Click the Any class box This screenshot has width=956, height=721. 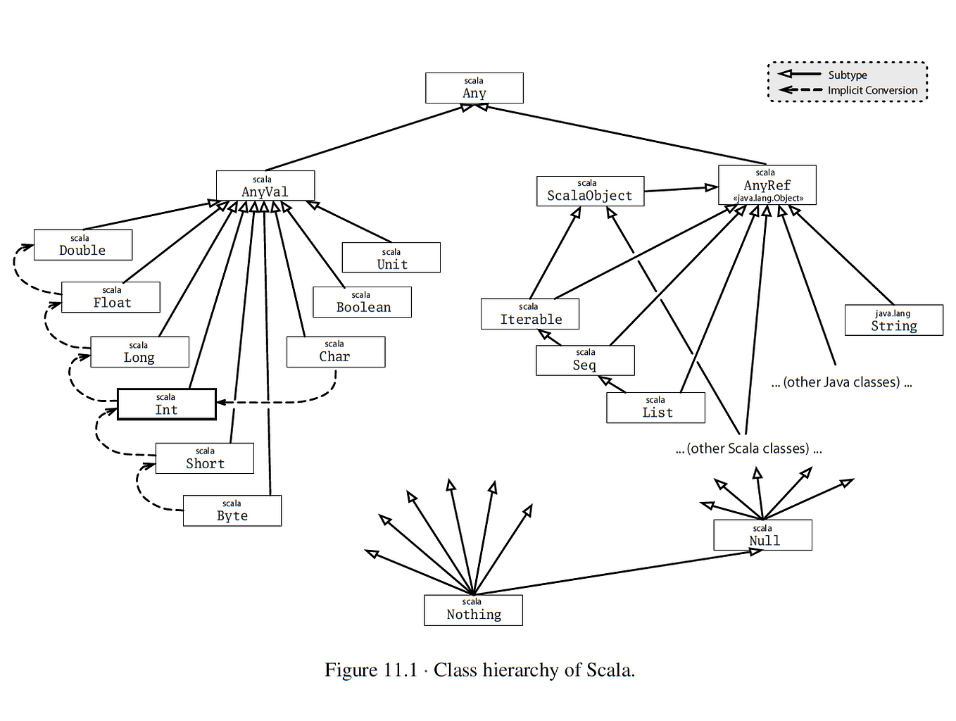pos(474,88)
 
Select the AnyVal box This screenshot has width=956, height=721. pos(265,186)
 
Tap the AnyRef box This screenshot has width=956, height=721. pos(767,184)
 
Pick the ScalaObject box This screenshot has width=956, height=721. pos(590,192)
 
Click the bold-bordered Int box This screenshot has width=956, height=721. pos(166,404)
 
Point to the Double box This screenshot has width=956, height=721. pos(83,245)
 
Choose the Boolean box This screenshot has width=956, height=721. pos(362,302)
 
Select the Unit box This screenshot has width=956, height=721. pos(391,258)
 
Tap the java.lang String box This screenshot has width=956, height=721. pos(894,320)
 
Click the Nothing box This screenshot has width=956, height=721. pos(474,610)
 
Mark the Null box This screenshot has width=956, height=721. pos(762,535)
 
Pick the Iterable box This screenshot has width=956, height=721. pos(530,313)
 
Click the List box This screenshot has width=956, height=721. pos(655,408)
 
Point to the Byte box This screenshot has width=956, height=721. pos(232,510)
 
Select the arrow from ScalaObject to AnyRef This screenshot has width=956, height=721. pos(681,189)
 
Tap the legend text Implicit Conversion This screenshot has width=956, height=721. pos(872,90)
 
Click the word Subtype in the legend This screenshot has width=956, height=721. pos(848,75)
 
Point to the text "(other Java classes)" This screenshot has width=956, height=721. pos(841,382)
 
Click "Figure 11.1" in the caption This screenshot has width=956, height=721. pos(371,670)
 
